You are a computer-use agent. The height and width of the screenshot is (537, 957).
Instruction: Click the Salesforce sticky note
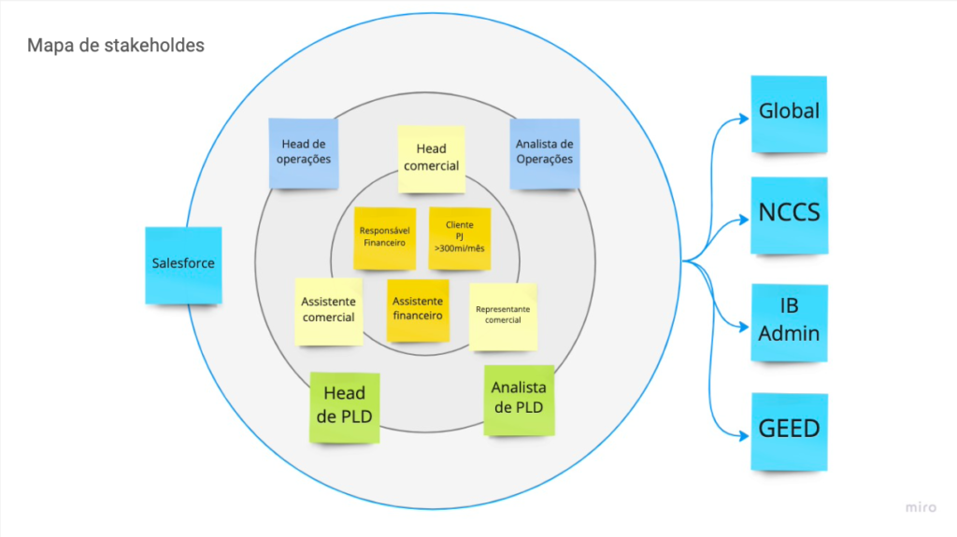183,264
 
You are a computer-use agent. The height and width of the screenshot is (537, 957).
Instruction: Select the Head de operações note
303,151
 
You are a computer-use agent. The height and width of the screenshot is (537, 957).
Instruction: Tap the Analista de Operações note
544,152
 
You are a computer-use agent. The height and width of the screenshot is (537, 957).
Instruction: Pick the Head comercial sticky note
431,158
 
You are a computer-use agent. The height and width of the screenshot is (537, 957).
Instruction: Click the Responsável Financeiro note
382,235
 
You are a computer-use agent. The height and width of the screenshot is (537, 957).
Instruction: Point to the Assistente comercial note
328,311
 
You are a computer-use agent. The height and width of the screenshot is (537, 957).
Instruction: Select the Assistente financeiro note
417,310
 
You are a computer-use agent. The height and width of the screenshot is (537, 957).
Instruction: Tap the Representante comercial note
503,316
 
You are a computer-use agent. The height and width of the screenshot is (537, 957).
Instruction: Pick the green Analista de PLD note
519,399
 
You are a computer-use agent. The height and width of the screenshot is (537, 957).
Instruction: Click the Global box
789,113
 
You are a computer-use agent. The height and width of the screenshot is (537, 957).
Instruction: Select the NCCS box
789,214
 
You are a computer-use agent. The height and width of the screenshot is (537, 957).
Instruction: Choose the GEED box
789,431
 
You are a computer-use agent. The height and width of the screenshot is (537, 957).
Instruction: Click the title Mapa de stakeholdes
115,45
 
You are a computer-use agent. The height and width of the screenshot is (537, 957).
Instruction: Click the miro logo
920,507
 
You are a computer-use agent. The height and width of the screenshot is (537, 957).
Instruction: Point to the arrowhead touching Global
745,118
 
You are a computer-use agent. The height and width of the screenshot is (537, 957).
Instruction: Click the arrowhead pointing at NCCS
745,220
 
